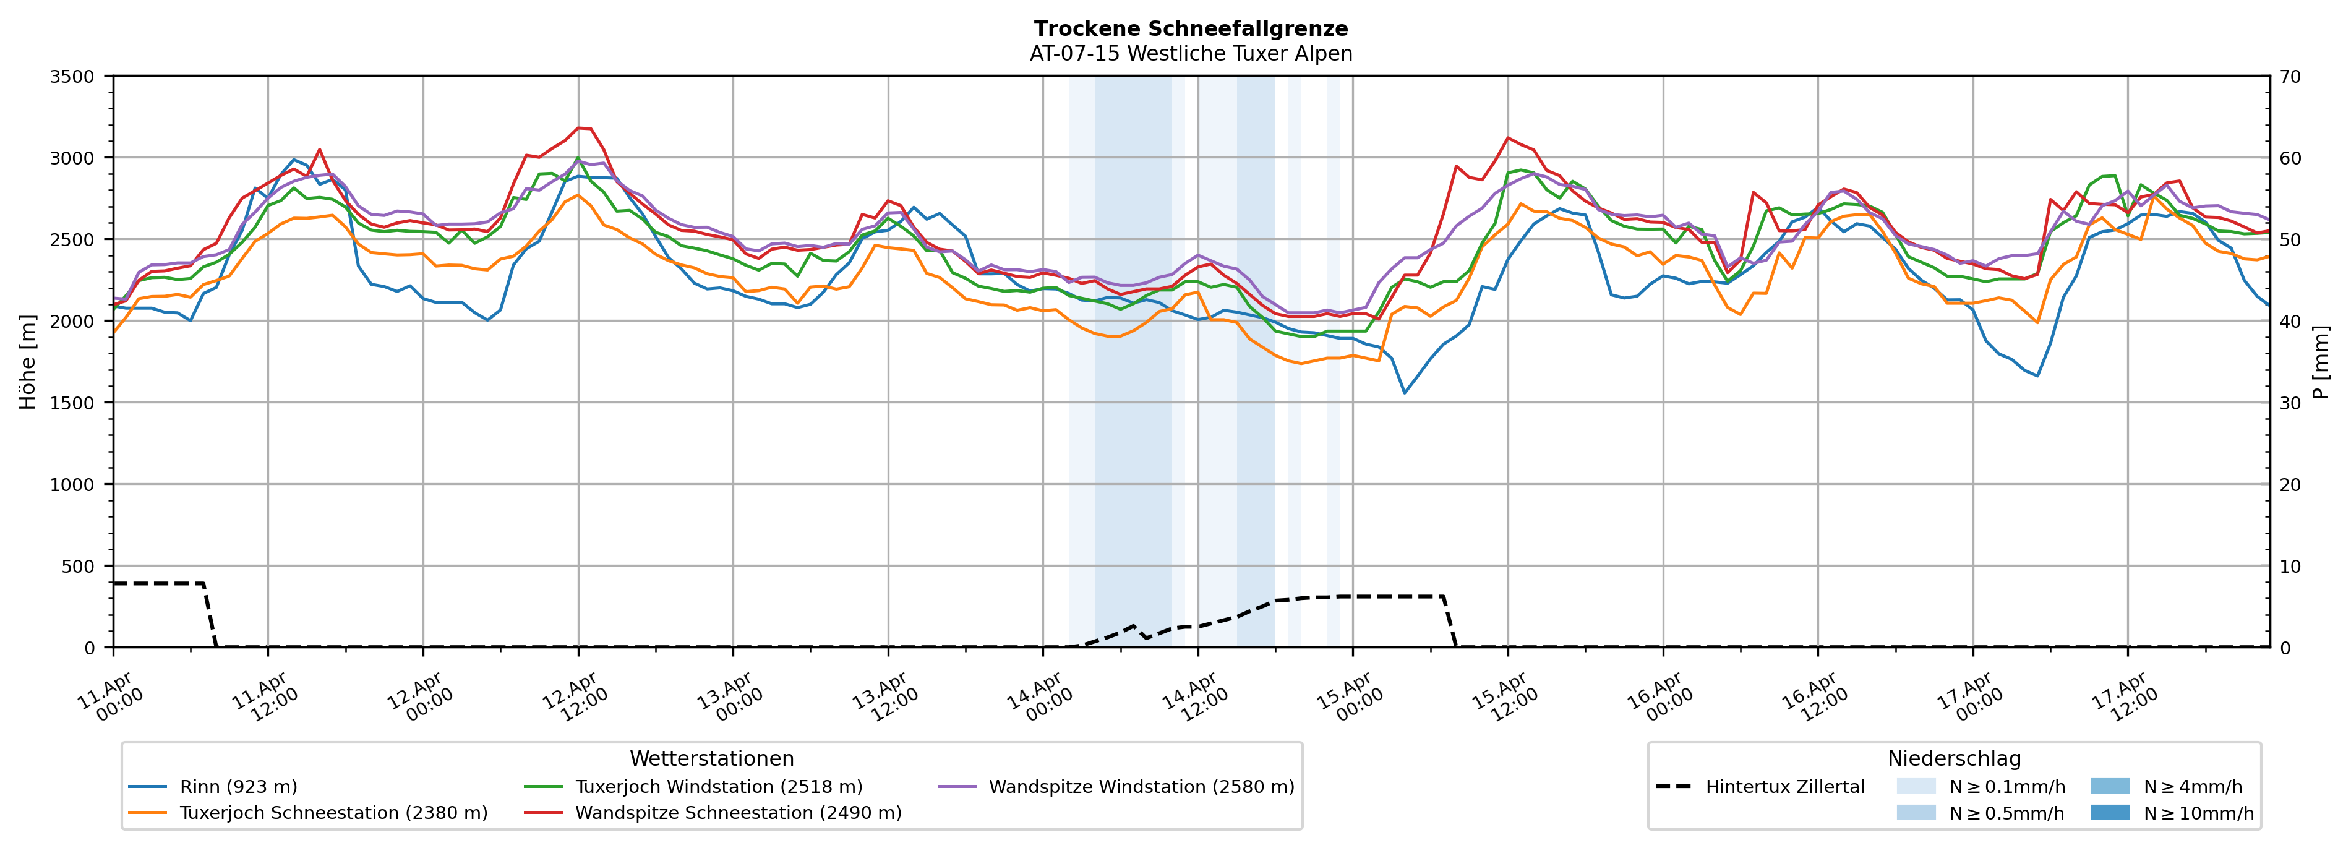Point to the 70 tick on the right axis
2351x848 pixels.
(2291, 77)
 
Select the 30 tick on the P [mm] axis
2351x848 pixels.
(2291, 403)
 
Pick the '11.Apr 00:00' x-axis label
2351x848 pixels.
(111, 698)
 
